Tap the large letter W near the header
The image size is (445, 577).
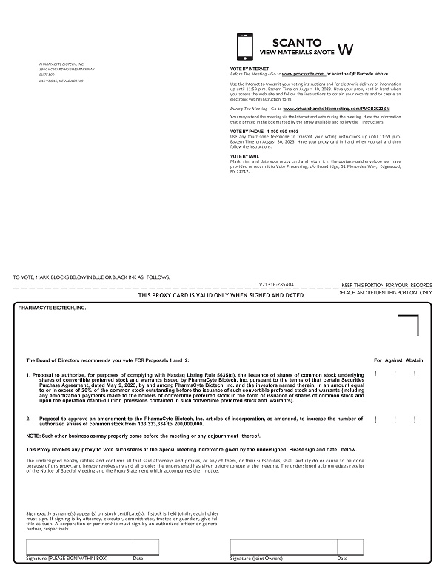click(x=345, y=50)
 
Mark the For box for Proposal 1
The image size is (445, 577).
click(x=378, y=374)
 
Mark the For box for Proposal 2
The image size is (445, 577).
click(x=378, y=419)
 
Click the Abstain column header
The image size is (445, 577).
click(x=415, y=360)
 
